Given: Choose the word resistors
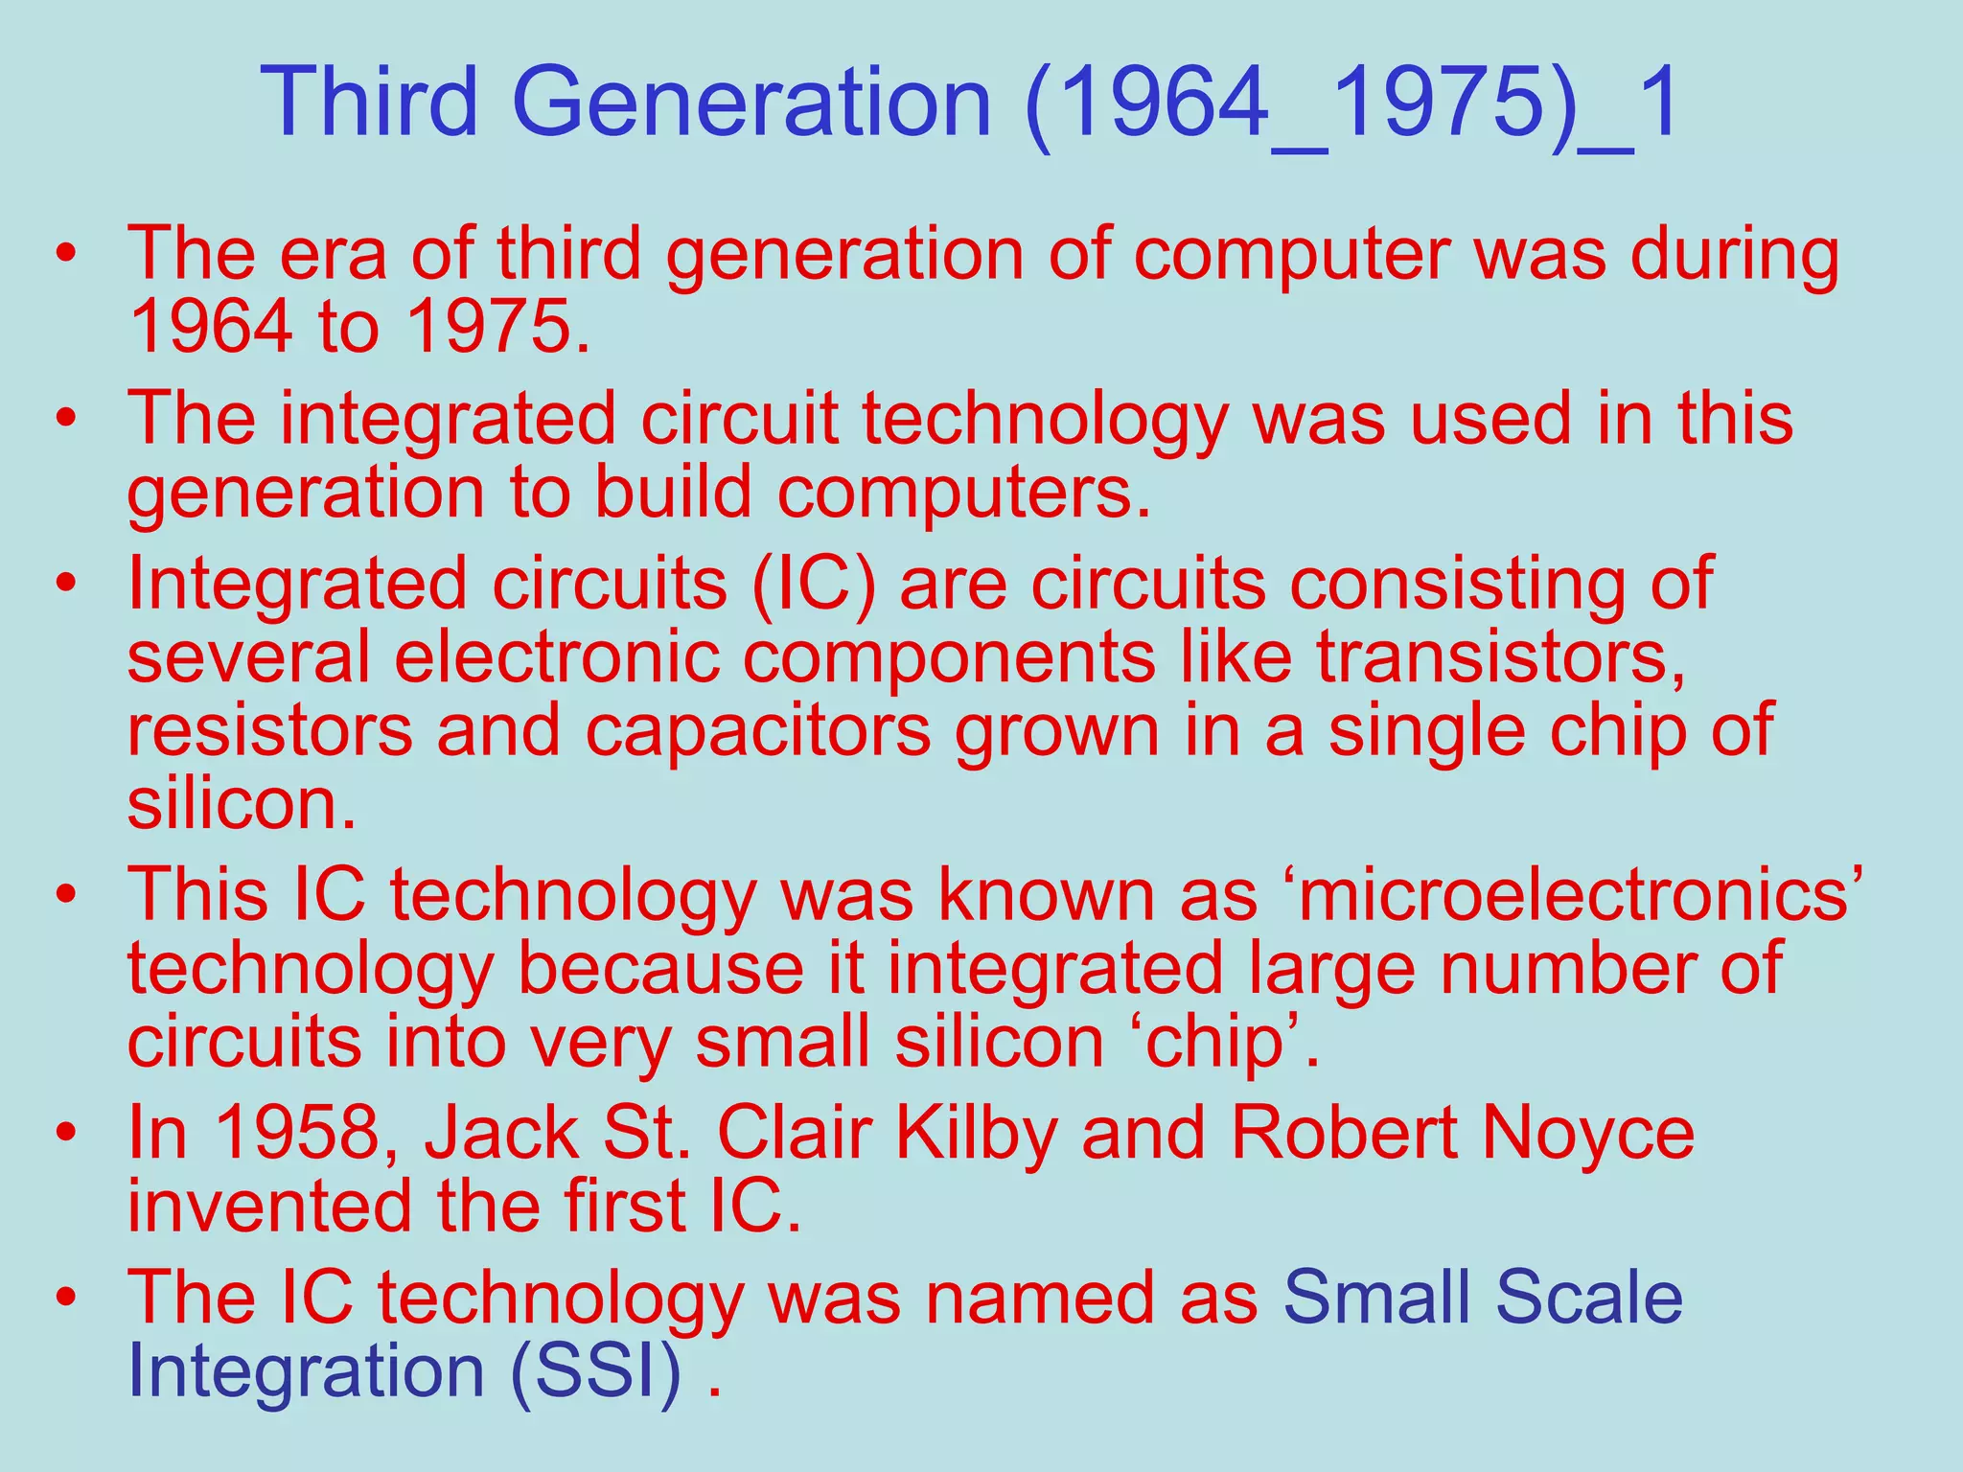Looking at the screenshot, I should pos(269,730).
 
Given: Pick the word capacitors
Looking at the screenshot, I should pos(757,730).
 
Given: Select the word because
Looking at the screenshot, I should pos(660,968).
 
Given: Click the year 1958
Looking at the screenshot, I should pos(295,1133).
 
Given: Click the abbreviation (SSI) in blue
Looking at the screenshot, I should pos(596,1370).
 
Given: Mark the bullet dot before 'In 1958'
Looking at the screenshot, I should pos(65,1133).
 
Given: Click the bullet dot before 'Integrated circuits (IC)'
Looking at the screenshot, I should pos(65,584).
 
